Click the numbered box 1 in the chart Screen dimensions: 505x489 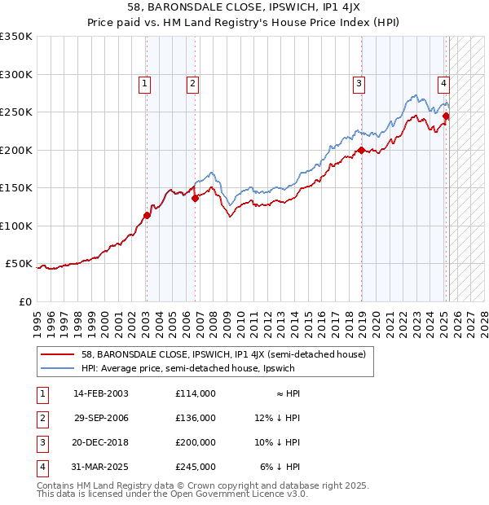coord(144,81)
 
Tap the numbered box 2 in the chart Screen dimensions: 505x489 coord(192,81)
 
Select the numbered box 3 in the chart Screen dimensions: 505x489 coord(359,81)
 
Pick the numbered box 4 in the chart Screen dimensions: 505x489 coord(443,81)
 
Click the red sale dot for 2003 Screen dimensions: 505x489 coord(147,216)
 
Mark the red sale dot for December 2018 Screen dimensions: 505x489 coord(360,150)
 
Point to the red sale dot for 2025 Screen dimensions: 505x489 coord(446,116)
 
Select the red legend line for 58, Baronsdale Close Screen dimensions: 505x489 coord(59,354)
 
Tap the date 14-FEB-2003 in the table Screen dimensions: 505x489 coord(101,393)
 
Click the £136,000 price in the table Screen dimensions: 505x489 coord(196,418)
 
